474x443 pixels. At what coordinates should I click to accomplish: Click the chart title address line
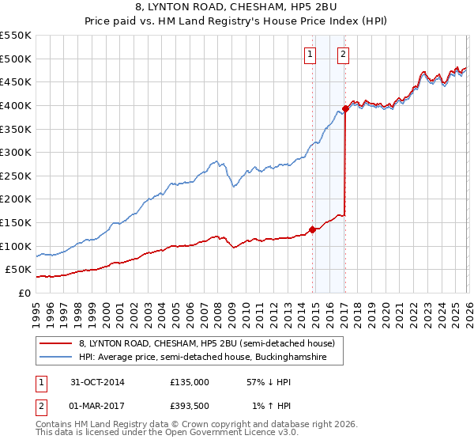pyautogui.click(x=237, y=7)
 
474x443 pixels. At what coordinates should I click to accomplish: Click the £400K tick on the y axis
pyautogui.click(x=15, y=105)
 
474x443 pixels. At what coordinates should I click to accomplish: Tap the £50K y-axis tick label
pyautogui.click(x=18, y=271)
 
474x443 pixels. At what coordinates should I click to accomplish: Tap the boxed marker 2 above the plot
pyautogui.click(x=344, y=55)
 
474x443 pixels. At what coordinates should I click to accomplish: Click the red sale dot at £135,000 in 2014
pyautogui.click(x=312, y=229)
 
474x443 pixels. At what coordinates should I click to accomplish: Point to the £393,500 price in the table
pyautogui.click(x=190, y=407)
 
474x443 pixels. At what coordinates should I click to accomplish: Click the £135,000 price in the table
pyautogui.click(x=190, y=381)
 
